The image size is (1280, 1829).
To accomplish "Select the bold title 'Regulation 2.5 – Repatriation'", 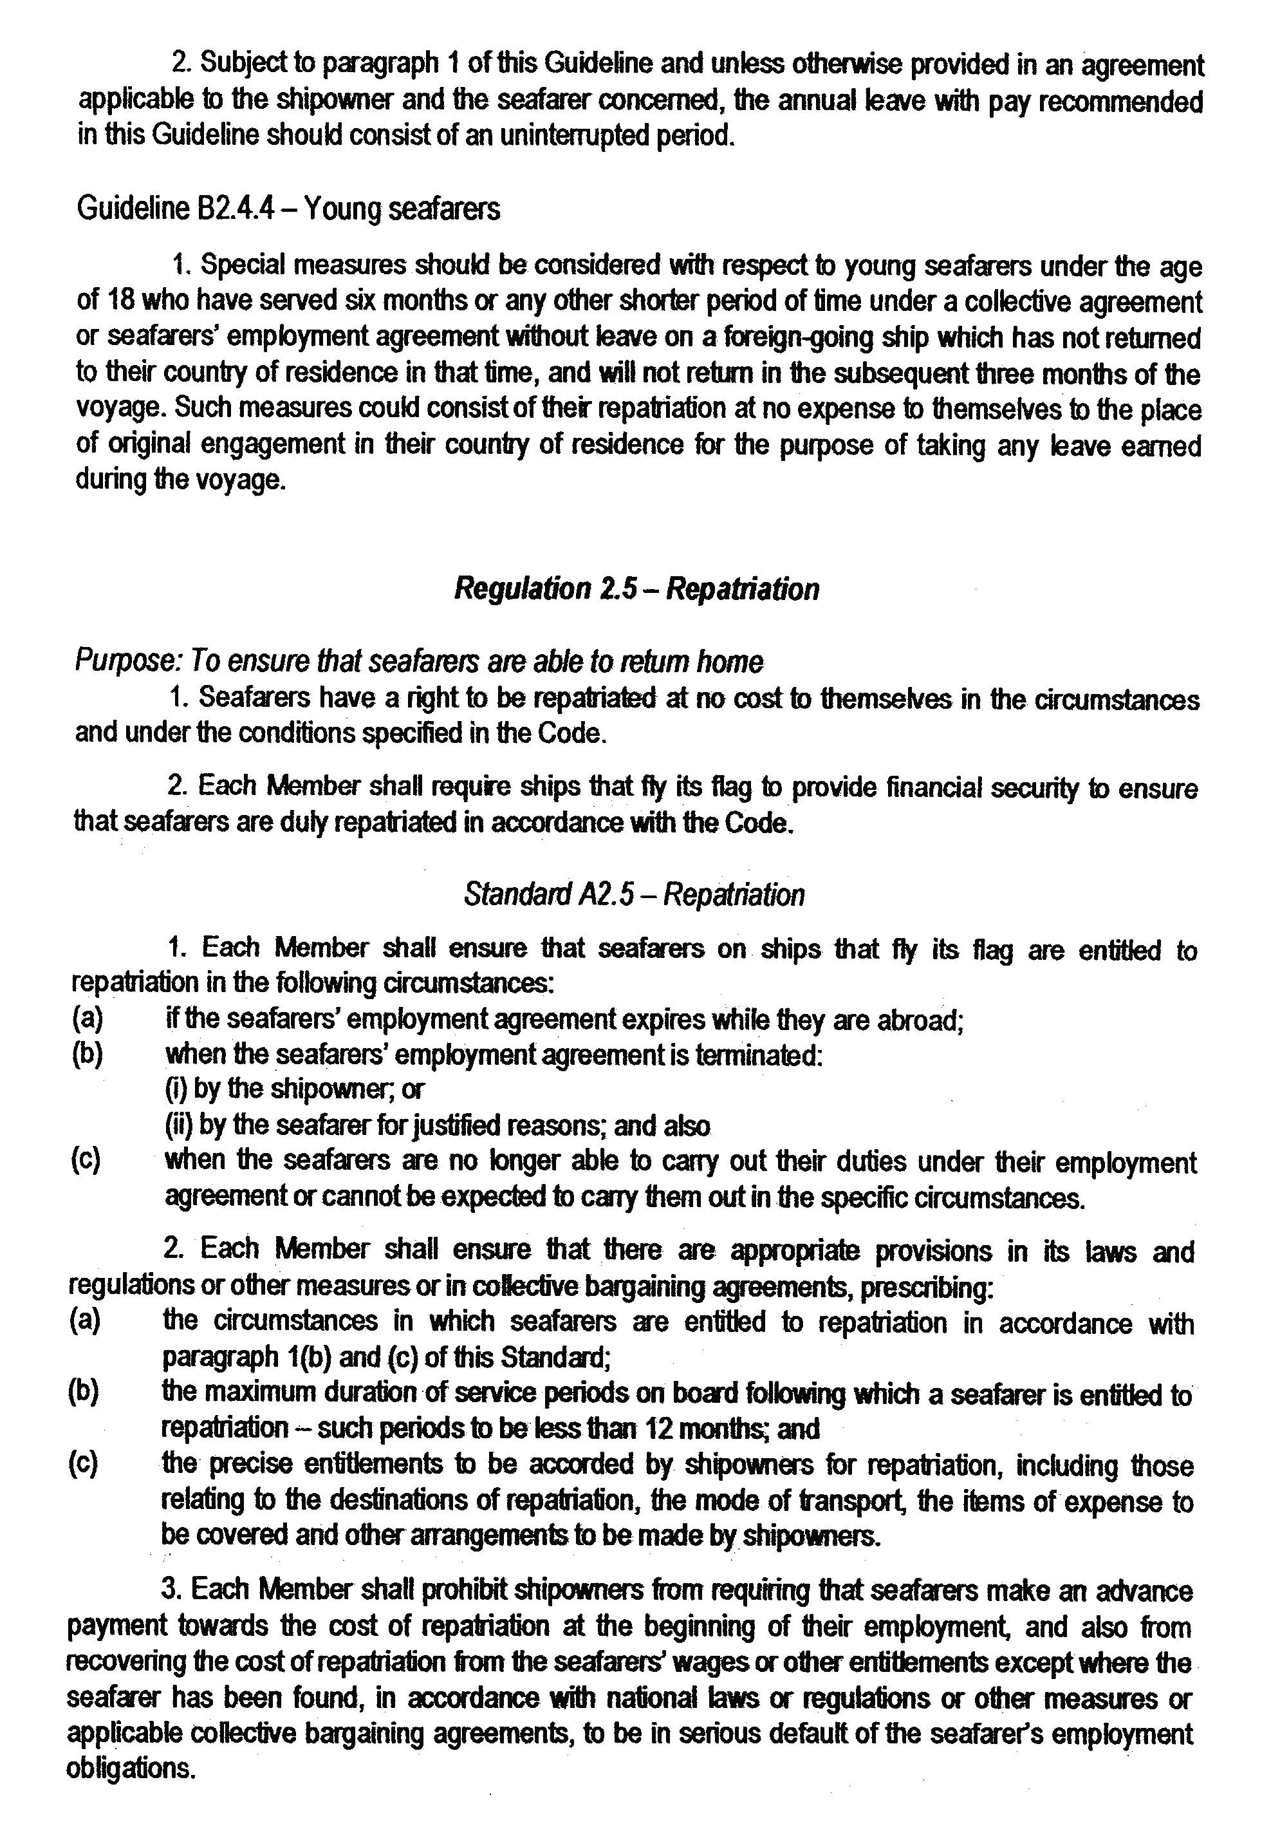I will pyautogui.click(x=636, y=588).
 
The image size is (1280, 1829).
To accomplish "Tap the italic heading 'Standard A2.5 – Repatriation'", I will pyautogui.click(x=633, y=895).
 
